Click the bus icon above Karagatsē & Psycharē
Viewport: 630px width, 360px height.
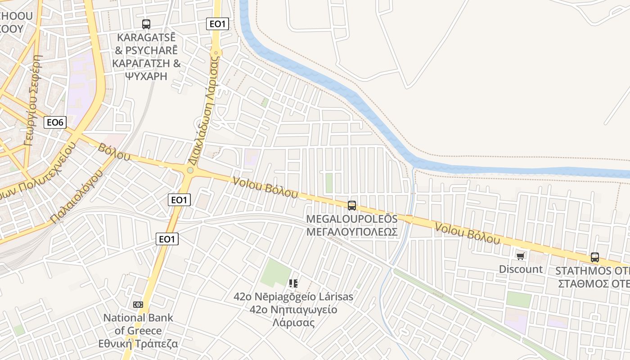tap(146, 24)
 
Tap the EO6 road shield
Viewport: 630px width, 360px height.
tap(55, 122)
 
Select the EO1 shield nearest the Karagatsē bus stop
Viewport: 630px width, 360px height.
tap(217, 24)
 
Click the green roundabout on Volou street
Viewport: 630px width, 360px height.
tap(190, 170)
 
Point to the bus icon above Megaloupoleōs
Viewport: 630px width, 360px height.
tap(352, 205)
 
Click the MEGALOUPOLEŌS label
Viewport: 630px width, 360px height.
tap(352, 225)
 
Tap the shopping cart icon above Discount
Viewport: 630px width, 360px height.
tap(521, 256)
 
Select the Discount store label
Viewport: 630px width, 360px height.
tap(521, 269)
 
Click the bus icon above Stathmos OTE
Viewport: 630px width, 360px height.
tap(595, 257)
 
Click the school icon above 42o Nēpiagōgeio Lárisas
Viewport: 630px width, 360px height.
tap(293, 283)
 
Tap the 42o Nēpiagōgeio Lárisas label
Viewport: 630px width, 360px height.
tap(293, 310)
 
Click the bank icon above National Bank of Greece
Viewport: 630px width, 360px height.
tap(138, 305)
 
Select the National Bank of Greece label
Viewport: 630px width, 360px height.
tap(138, 331)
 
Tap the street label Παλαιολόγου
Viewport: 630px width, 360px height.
tap(77, 196)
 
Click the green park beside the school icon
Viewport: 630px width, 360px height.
tap(275, 273)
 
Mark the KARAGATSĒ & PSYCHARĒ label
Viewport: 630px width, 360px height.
tap(146, 56)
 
